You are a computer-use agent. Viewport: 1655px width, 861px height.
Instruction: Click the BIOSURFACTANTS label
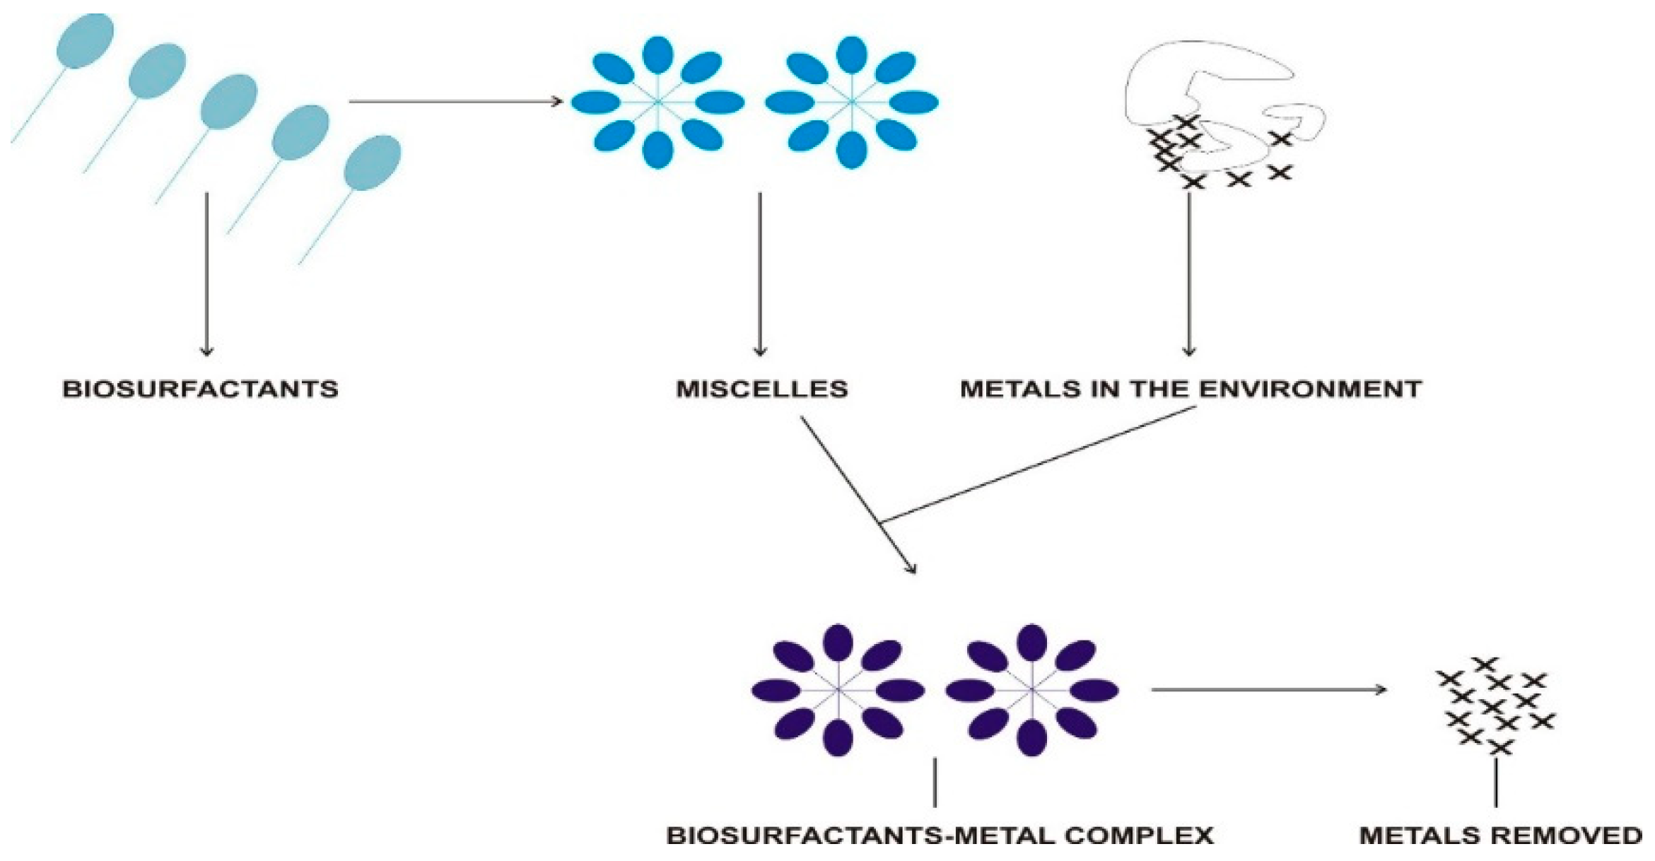coord(201,389)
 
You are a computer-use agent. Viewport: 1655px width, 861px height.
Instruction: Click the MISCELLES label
coord(761,389)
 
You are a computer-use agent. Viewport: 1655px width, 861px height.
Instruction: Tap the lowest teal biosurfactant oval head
coord(372,163)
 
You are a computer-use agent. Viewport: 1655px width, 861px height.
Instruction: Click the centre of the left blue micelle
coord(658,102)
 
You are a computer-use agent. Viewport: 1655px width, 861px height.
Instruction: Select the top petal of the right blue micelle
coord(852,55)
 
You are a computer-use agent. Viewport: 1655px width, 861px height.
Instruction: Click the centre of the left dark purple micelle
coord(838,689)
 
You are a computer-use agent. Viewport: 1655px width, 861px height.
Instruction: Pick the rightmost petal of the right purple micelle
coord(1094,689)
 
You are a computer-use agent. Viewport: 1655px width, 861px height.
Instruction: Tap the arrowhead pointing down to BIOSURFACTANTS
coord(206,351)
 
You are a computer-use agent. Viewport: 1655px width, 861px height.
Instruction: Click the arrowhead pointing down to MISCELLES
coord(760,351)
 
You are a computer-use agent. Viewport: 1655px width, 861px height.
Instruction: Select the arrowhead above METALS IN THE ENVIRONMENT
coord(1189,351)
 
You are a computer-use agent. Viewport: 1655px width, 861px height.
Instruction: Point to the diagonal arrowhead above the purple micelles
coord(912,568)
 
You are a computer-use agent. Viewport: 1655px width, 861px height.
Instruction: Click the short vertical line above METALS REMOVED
coord(1497,783)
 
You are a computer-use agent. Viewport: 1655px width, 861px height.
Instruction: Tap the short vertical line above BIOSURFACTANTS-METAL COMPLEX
coord(935,783)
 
